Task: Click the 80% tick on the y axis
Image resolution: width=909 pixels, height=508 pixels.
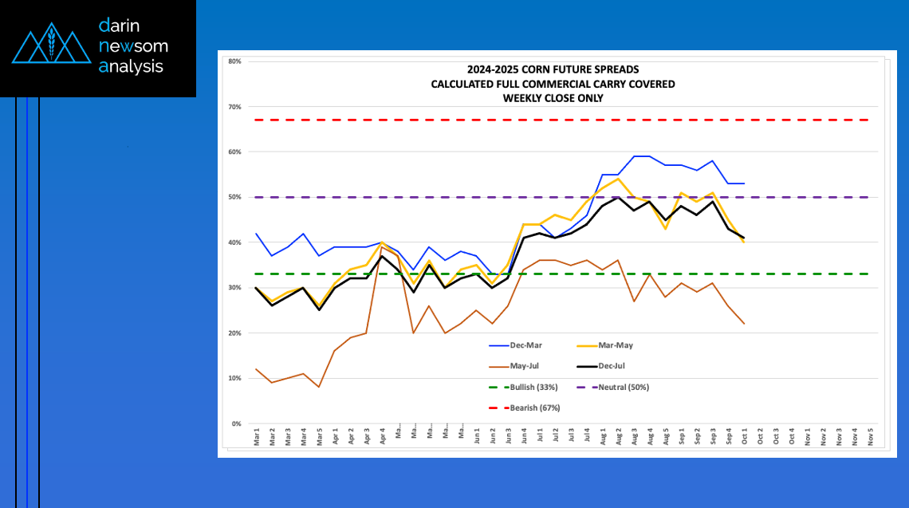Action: (x=234, y=61)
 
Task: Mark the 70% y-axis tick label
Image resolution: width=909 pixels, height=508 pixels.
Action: (x=234, y=106)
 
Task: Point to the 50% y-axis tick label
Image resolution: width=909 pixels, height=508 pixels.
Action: (x=234, y=197)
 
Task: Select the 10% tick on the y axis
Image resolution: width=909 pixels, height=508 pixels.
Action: (x=234, y=378)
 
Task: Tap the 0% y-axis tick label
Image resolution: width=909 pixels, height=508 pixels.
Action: (x=236, y=423)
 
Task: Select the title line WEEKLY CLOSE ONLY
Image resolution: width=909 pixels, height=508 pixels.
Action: (x=553, y=98)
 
